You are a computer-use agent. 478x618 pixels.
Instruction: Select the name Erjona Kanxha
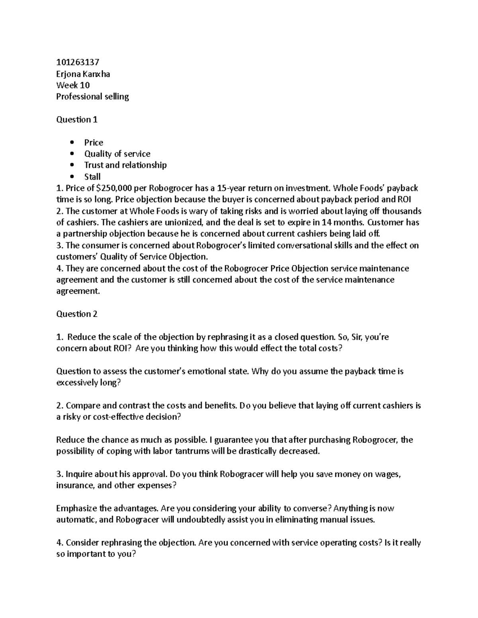[83, 74]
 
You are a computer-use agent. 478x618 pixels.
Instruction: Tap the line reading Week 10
[73, 85]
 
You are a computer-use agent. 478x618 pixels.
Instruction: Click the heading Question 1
[77, 120]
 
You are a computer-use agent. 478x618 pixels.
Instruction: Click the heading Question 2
[77, 314]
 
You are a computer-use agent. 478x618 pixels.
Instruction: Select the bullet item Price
[94, 142]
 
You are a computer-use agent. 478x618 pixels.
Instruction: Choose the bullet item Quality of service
[117, 154]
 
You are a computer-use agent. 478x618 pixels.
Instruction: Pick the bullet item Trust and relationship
[125, 165]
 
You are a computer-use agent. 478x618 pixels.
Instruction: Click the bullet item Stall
[92, 177]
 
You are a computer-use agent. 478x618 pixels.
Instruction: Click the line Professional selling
[92, 97]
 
